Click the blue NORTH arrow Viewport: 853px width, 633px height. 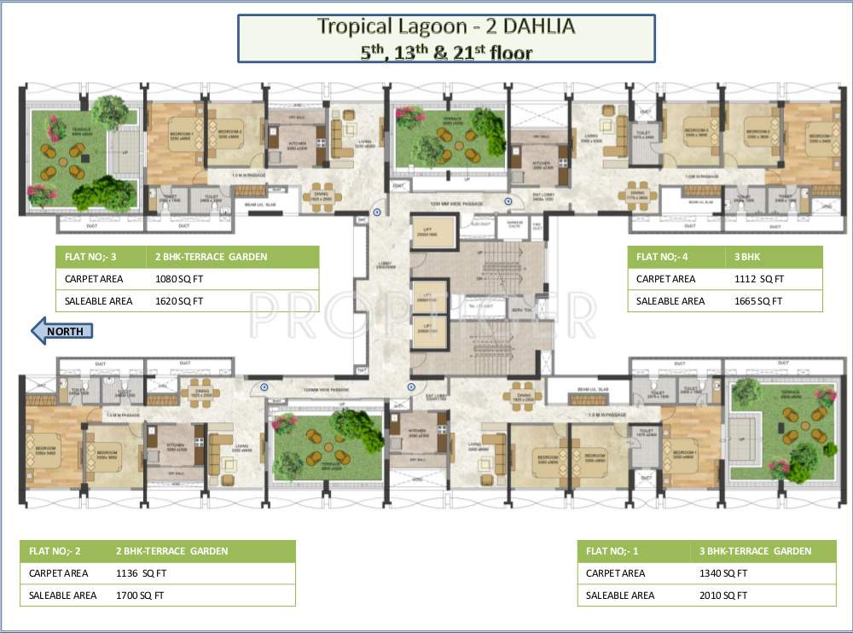(61, 330)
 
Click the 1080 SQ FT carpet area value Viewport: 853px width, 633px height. (179, 278)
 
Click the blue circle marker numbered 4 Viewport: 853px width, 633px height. (508, 201)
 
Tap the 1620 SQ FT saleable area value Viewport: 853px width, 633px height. (179, 300)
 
